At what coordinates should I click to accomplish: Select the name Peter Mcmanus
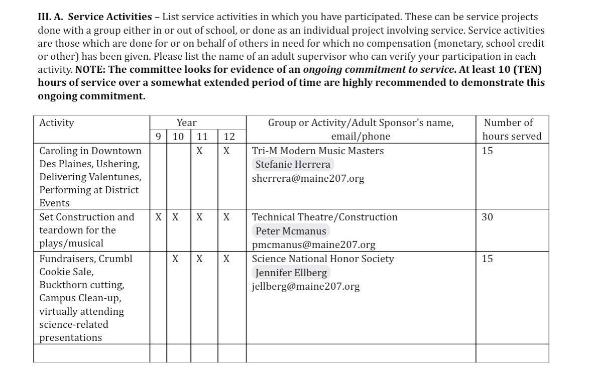[x=291, y=231]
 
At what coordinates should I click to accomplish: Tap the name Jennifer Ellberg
[x=291, y=273]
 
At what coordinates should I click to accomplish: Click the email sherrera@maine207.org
[x=308, y=178]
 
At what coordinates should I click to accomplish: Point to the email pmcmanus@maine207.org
[x=313, y=245]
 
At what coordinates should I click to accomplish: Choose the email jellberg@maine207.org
[x=306, y=286]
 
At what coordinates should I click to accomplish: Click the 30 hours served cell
[x=487, y=217]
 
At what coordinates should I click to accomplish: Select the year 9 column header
[x=158, y=136]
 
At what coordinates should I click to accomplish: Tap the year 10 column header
[x=178, y=136]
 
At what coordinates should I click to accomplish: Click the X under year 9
[x=158, y=217]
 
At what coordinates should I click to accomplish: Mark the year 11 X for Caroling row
[x=199, y=151]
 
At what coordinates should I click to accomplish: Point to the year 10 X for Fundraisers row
[x=175, y=259]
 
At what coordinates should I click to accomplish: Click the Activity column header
[x=57, y=123]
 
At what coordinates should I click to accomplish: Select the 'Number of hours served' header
[x=512, y=129]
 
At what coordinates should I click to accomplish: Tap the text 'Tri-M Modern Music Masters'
[x=317, y=151]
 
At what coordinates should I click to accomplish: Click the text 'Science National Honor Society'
[x=323, y=259]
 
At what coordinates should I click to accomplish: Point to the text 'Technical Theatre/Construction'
[x=324, y=217]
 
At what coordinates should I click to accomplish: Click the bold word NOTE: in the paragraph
[x=90, y=69]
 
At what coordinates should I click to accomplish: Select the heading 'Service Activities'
[x=109, y=17]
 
